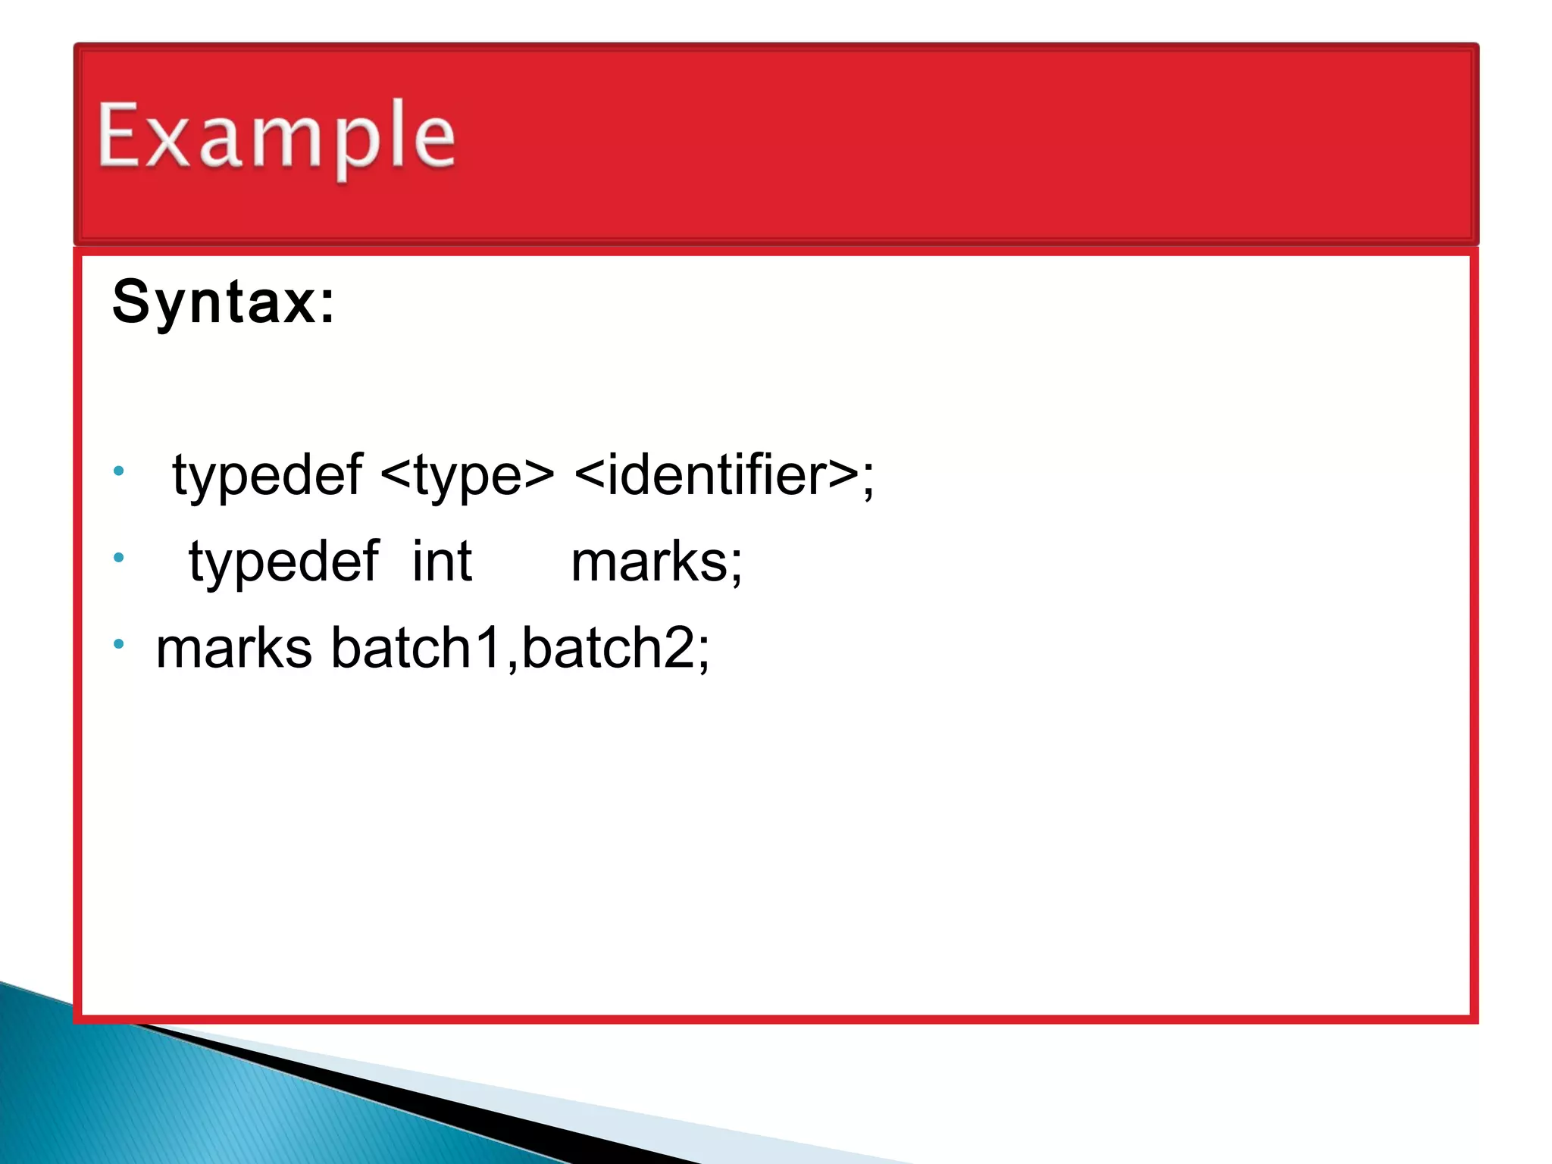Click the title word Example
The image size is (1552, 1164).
pyautogui.click(x=277, y=136)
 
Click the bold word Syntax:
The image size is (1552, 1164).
pyautogui.click(x=224, y=302)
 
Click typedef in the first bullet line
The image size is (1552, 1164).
pyautogui.click(x=267, y=475)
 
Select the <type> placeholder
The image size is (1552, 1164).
pyautogui.click(x=467, y=475)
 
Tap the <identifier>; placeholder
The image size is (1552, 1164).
pyautogui.click(x=724, y=475)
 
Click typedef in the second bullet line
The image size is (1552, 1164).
pyautogui.click(x=283, y=562)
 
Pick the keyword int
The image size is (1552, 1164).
pyautogui.click(x=442, y=562)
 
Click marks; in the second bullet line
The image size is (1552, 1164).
pyautogui.click(x=656, y=562)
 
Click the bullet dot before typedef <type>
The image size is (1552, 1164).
pyautogui.click(x=118, y=471)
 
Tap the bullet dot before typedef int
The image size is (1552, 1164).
pyautogui.click(x=118, y=558)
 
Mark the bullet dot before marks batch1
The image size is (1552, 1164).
pyautogui.click(x=118, y=644)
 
